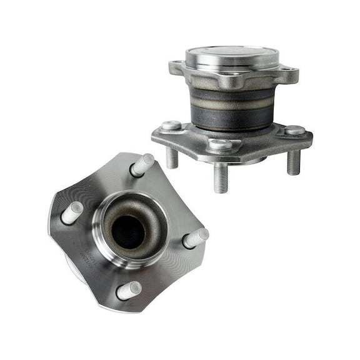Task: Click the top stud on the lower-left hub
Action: (142, 164)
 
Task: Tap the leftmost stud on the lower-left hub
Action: (72, 212)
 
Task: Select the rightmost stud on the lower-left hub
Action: (196, 237)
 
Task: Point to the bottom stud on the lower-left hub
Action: (128, 289)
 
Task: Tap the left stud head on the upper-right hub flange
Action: (171, 126)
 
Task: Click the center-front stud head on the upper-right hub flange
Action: (220, 144)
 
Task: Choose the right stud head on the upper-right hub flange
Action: (295, 131)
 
